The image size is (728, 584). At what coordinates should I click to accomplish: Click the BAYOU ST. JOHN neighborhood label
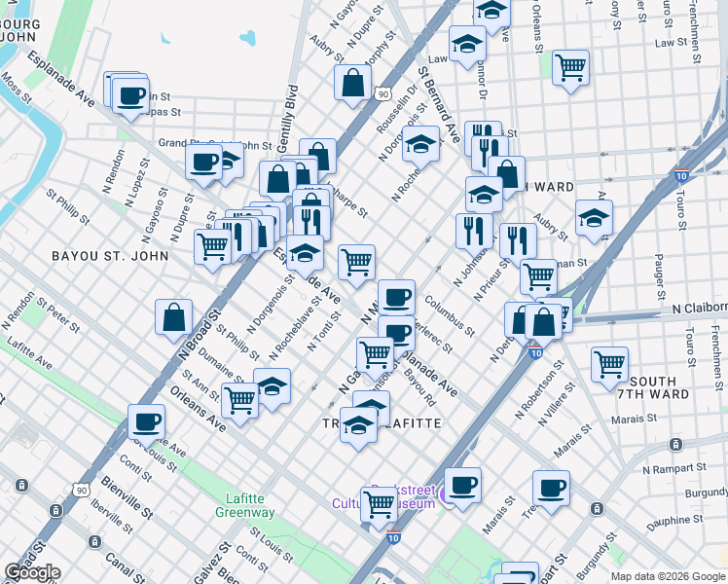tap(97, 256)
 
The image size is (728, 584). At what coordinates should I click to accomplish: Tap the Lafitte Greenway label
tap(244, 505)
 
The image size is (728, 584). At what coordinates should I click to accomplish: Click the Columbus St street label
tap(450, 315)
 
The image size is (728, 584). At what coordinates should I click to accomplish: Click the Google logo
tap(32, 572)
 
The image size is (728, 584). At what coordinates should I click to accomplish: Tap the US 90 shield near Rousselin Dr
tap(381, 93)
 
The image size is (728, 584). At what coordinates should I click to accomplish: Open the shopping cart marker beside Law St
tap(570, 68)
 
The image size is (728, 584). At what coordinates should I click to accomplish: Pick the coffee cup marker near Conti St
tap(146, 421)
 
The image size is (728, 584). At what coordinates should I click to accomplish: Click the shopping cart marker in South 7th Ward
tap(609, 364)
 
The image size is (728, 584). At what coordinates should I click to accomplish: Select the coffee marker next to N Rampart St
tap(551, 488)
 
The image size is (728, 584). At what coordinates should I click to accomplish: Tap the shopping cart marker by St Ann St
tap(239, 398)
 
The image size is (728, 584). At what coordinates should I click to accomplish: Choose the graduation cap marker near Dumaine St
tap(273, 385)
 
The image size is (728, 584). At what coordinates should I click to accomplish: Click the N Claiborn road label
tap(700, 308)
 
